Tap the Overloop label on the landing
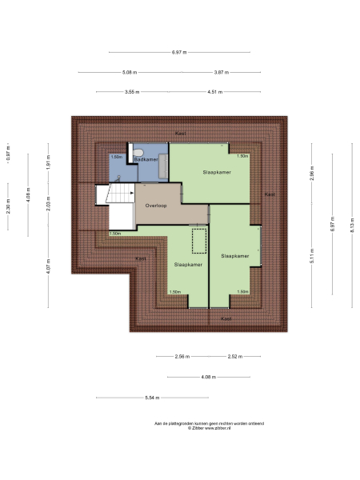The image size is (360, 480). [155, 205]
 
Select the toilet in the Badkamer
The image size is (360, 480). [138, 151]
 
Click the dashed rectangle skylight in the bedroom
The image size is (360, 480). [198, 240]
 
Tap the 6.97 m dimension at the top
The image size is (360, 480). [178, 52]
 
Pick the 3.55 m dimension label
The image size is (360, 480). [131, 92]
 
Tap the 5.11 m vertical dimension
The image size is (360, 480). [311, 258]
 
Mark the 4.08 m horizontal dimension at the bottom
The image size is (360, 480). [207, 377]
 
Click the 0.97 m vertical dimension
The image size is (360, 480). [8, 153]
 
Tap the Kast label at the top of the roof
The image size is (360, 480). [181, 133]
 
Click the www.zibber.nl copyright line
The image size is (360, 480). [209, 429]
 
